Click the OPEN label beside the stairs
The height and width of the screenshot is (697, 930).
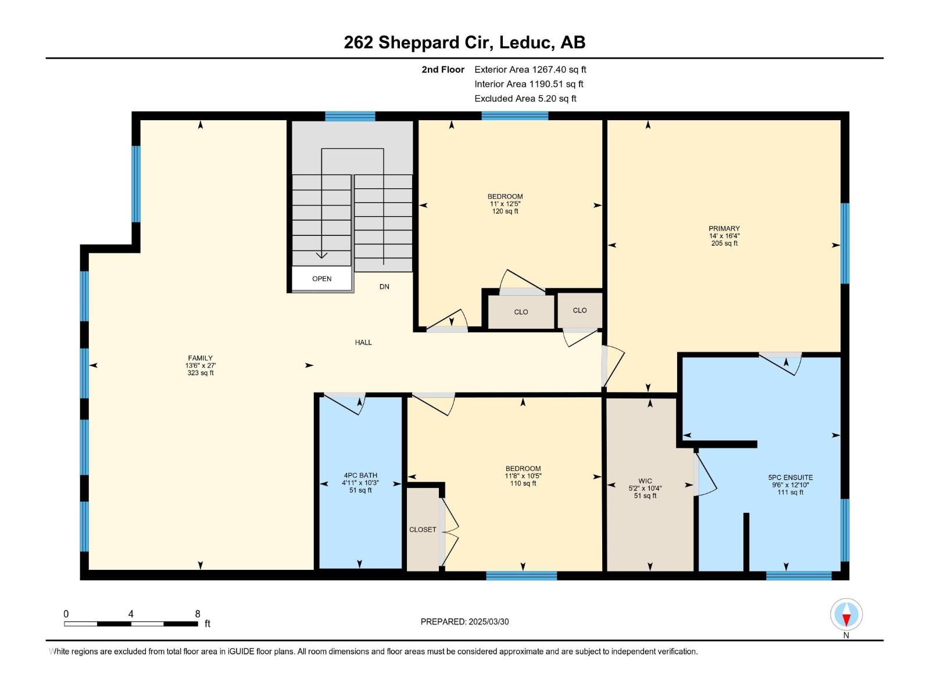pyautogui.click(x=321, y=279)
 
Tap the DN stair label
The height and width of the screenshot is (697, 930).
pyautogui.click(x=384, y=287)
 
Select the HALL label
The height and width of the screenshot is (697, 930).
pyautogui.click(x=363, y=343)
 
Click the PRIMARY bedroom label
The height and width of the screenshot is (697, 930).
pyautogui.click(x=724, y=228)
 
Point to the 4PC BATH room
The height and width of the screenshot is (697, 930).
pyautogui.click(x=360, y=482)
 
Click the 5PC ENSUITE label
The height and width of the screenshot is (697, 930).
pyautogui.click(x=790, y=477)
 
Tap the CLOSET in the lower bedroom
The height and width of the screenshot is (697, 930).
pyautogui.click(x=423, y=530)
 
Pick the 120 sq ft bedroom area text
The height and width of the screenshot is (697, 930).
pyautogui.click(x=505, y=211)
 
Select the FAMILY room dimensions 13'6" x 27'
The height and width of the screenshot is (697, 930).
pyautogui.click(x=201, y=365)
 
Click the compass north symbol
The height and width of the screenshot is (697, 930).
pyautogui.click(x=846, y=615)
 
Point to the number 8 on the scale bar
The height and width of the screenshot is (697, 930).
pyautogui.click(x=198, y=614)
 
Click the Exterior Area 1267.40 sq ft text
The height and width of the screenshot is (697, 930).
pyautogui.click(x=530, y=70)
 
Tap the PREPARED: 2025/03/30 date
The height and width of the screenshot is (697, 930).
pyautogui.click(x=464, y=621)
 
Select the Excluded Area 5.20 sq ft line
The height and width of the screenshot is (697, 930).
pyautogui.click(x=525, y=99)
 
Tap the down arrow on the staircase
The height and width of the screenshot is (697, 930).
pyautogui.click(x=321, y=254)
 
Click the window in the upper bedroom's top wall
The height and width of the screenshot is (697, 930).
pyautogui.click(x=514, y=116)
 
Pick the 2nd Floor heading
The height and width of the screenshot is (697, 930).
pyautogui.click(x=443, y=70)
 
